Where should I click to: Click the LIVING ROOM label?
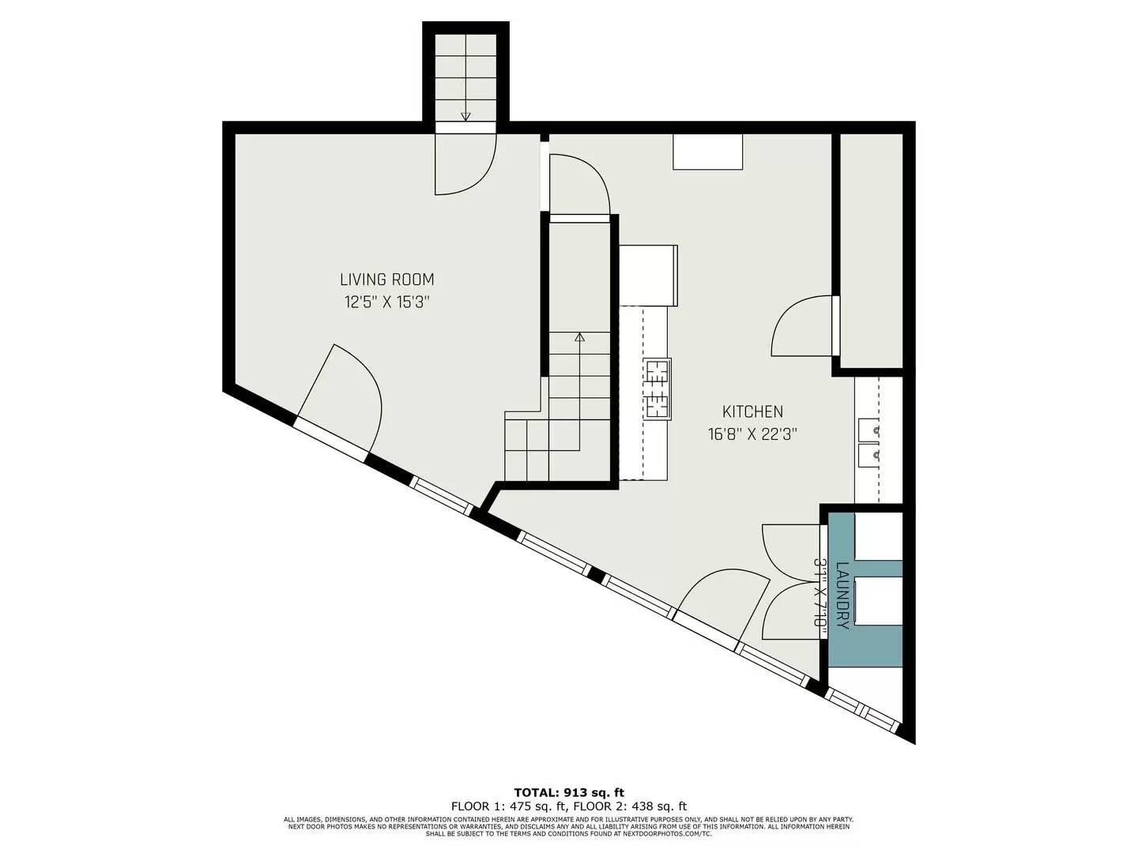[x=386, y=280]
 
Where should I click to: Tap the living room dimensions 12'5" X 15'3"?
[x=386, y=302]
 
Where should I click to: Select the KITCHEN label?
[x=752, y=411]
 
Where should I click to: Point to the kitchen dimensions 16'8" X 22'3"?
[x=752, y=434]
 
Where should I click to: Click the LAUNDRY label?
[x=842, y=595]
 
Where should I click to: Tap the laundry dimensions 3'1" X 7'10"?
[x=820, y=594]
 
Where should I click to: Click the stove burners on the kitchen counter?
[x=658, y=388]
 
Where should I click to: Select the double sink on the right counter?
[x=869, y=443]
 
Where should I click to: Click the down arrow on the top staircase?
[x=465, y=115]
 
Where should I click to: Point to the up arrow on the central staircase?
[x=579, y=337]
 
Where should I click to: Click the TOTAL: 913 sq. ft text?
[x=569, y=792]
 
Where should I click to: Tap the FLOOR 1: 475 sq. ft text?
[x=508, y=806]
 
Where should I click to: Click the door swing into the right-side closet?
[x=803, y=326]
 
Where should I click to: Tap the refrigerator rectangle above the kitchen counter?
[x=648, y=275]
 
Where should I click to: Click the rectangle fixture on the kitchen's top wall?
[x=707, y=152]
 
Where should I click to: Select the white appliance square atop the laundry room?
[x=878, y=536]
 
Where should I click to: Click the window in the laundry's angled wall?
[x=863, y=709]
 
